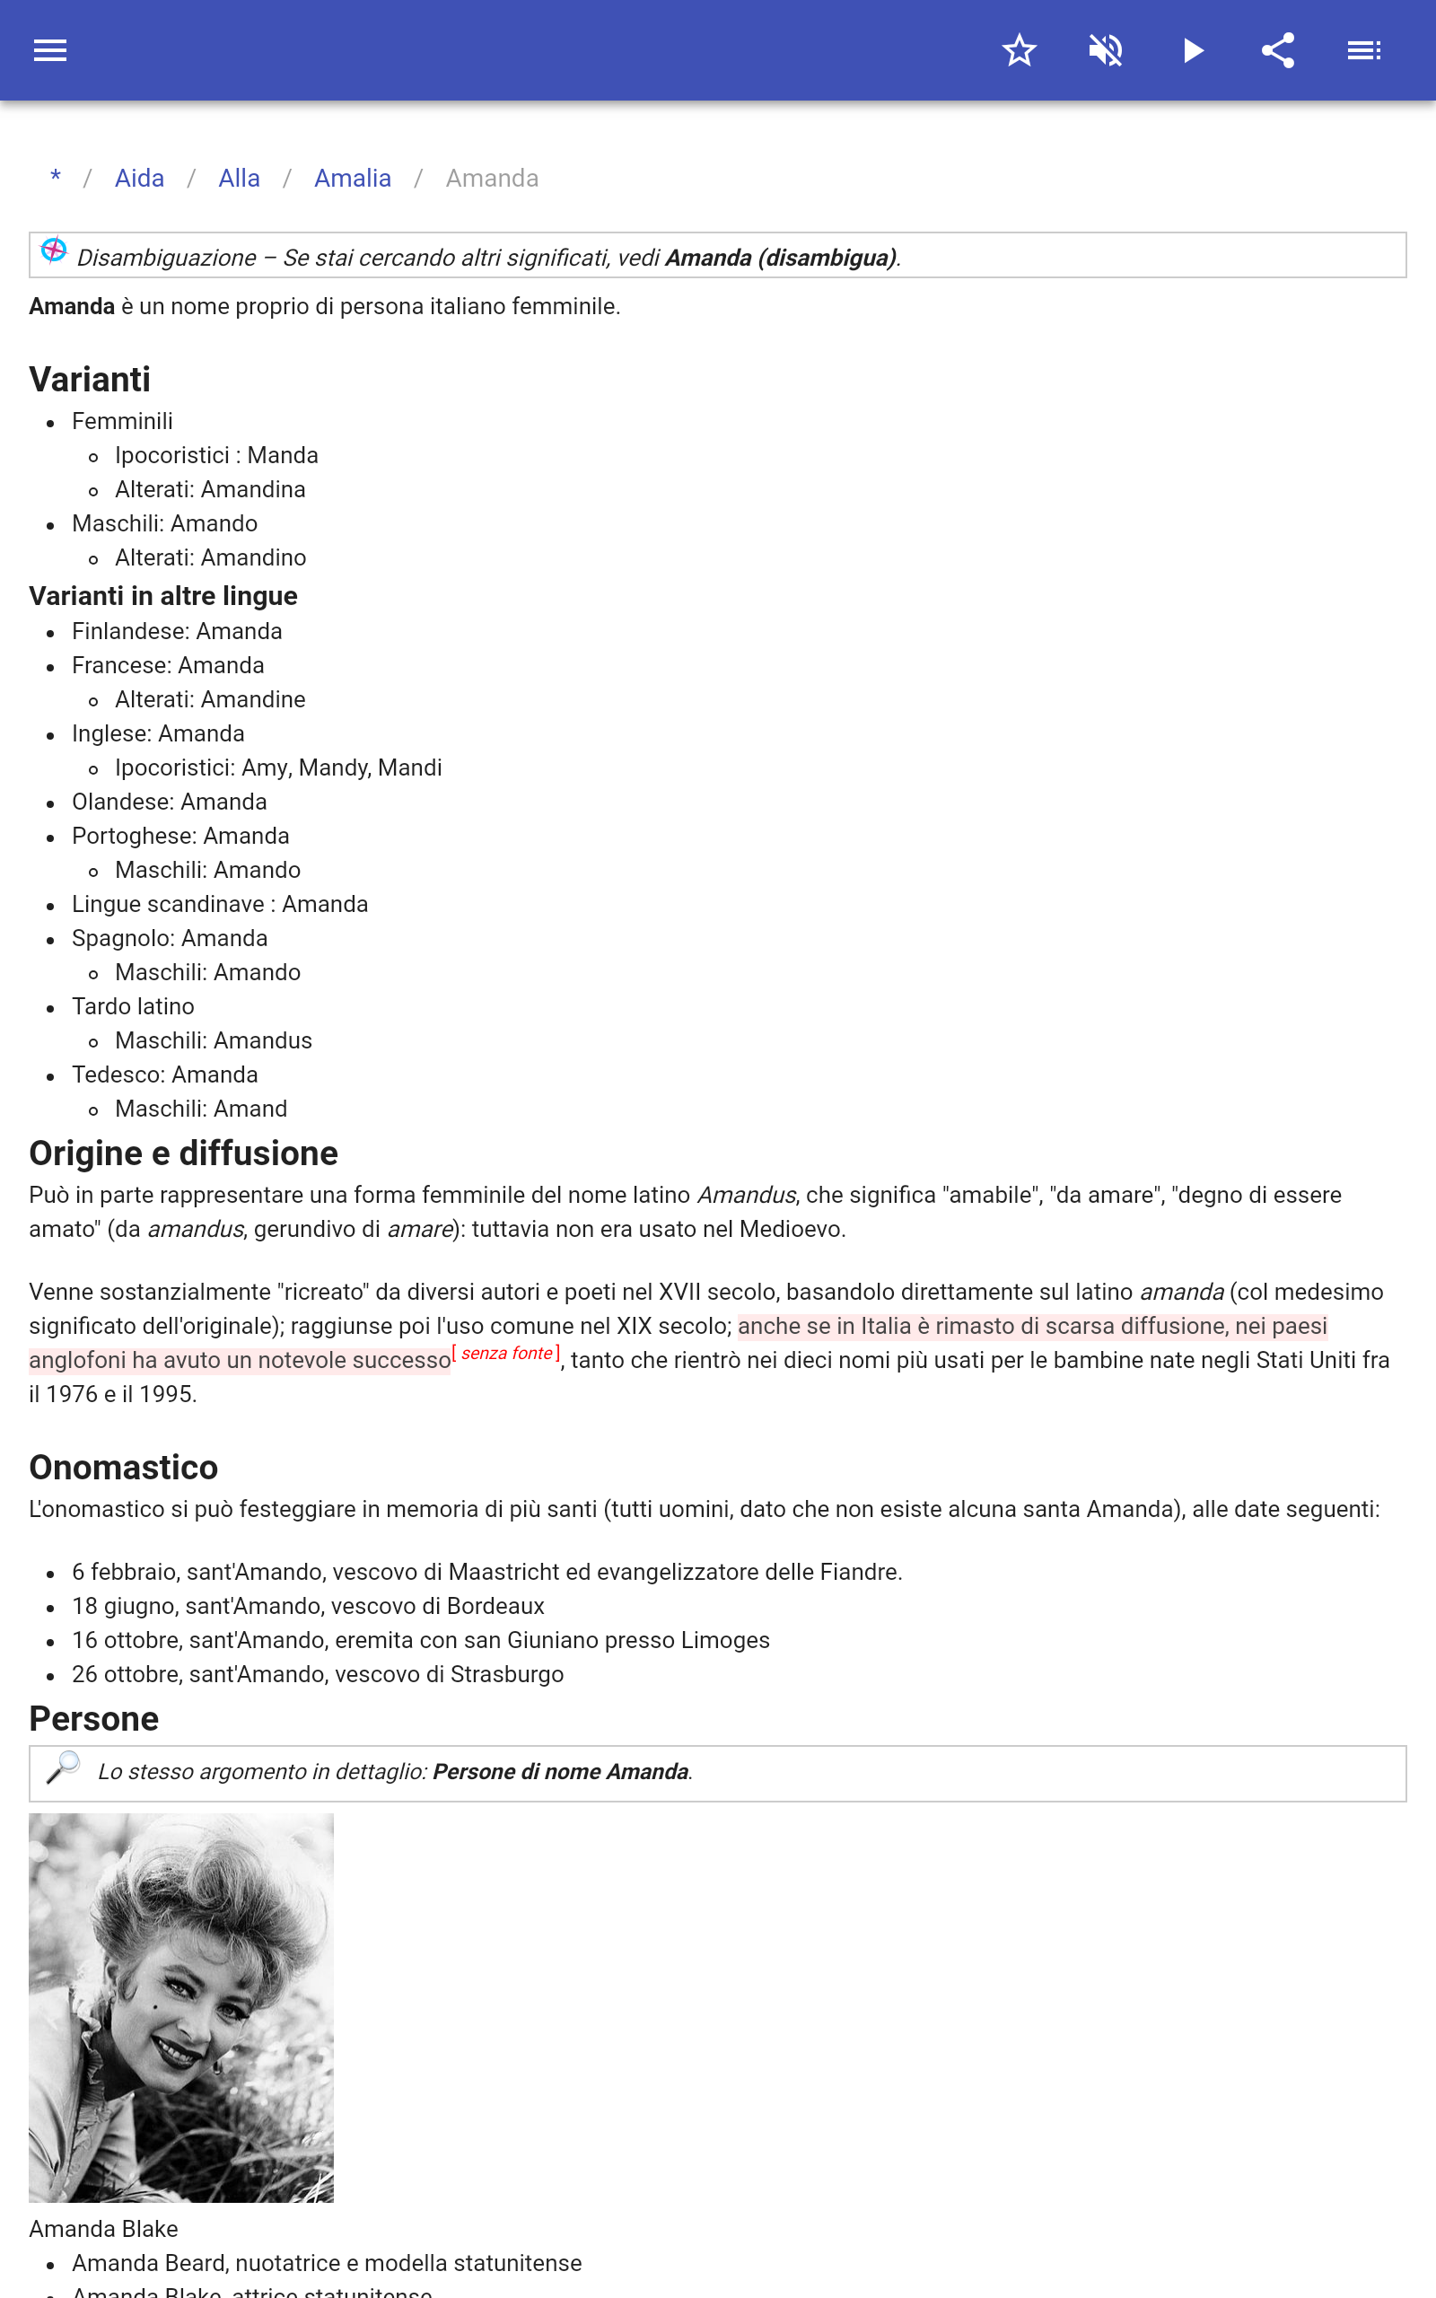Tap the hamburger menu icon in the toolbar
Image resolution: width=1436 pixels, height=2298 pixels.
pyautogui.click(x=50, y=50)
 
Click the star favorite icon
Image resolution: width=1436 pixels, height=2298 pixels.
pyautogui.click(x=1019, y=50)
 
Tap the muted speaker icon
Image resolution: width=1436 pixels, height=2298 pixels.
pyautogui.click(x=1106, y=50)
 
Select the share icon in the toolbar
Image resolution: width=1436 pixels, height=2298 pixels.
pyautogui.click(x=1277, y=50)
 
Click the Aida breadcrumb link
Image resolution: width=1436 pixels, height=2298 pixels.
pyautogui.click(x=140, y=179)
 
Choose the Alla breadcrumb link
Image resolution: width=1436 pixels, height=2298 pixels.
pyautogui.click(x=240, y=179)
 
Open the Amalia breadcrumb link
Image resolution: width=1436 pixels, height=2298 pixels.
pyautogui.click(x=353, y=179)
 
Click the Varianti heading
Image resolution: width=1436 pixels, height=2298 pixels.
pyautogui.click(x=91, y=380)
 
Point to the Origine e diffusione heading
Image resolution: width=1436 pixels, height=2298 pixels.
pyautogui.click(x=183, y=1153)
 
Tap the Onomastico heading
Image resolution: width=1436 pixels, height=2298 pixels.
pyautogui.click(x=124, y=1467)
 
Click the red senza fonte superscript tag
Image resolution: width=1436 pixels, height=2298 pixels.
pyautogui.click(x=506, y=1353)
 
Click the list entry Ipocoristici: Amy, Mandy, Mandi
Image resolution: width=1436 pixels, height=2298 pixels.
pyautogui.click(x=278, y=768)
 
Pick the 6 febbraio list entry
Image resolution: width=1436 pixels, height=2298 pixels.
pyautogui.click(x=486, y=1573)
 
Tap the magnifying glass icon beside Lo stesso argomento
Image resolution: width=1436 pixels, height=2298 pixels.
pyautogui.click(x=64, y=1768)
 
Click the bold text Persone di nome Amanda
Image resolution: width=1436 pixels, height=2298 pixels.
pyautogui.click(x=560, y=1772)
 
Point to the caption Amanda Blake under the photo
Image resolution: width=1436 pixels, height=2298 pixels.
pyautogui.click(x=103, y=2229)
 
